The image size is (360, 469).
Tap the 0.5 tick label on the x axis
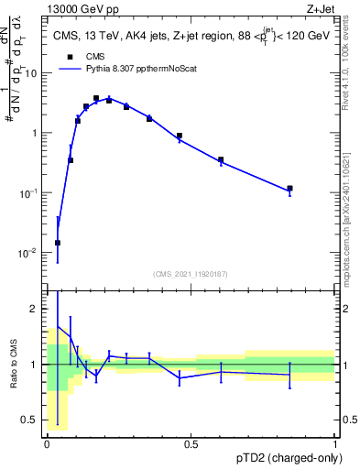click(x=191, y=444)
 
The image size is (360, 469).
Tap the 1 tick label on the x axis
click(x=334, y=444)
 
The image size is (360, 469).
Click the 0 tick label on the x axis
click(x=47, y=444)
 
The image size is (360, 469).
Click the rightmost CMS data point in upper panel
click(x=289, y=189)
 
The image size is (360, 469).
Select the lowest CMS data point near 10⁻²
click(x=58, y=243)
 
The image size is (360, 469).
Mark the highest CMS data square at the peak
click(x=96, y=98)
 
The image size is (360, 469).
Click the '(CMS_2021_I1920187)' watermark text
click(x=190, y=273)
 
